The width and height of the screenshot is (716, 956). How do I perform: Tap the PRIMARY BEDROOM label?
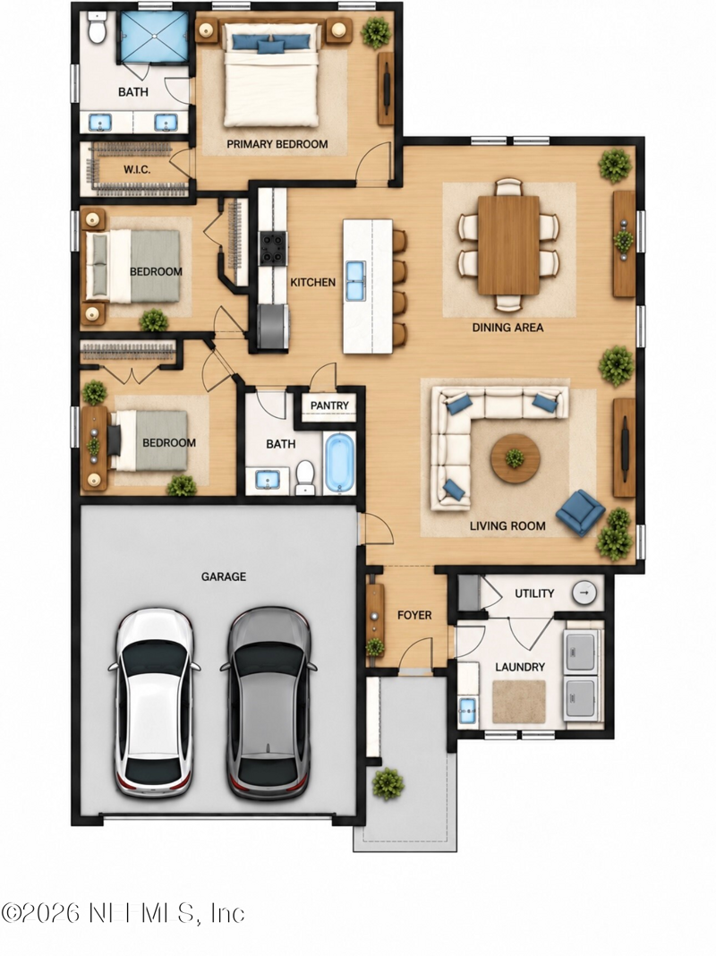[277, 144]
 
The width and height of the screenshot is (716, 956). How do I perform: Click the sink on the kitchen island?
[355, 281]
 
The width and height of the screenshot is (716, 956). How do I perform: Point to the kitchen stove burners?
[273, 248]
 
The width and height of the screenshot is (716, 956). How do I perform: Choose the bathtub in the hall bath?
[339, 463]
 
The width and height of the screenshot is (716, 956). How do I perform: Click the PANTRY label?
[329, 405]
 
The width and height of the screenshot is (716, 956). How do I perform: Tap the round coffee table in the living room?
[515, 458]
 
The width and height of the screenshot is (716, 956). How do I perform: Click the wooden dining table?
[508, 244]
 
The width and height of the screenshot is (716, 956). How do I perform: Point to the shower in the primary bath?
[154, 36]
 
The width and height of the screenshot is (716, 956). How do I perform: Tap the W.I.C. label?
[137, 169]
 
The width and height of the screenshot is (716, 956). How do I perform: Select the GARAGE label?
[224, 576]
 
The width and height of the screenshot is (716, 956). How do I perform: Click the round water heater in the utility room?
[584, 593]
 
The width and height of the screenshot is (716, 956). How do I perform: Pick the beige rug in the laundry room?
[519, 702]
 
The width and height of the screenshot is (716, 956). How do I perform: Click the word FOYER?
[414, 615]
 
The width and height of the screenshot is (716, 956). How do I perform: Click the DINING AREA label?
[507, 328]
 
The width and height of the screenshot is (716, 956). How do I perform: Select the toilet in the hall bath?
[304, 477]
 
